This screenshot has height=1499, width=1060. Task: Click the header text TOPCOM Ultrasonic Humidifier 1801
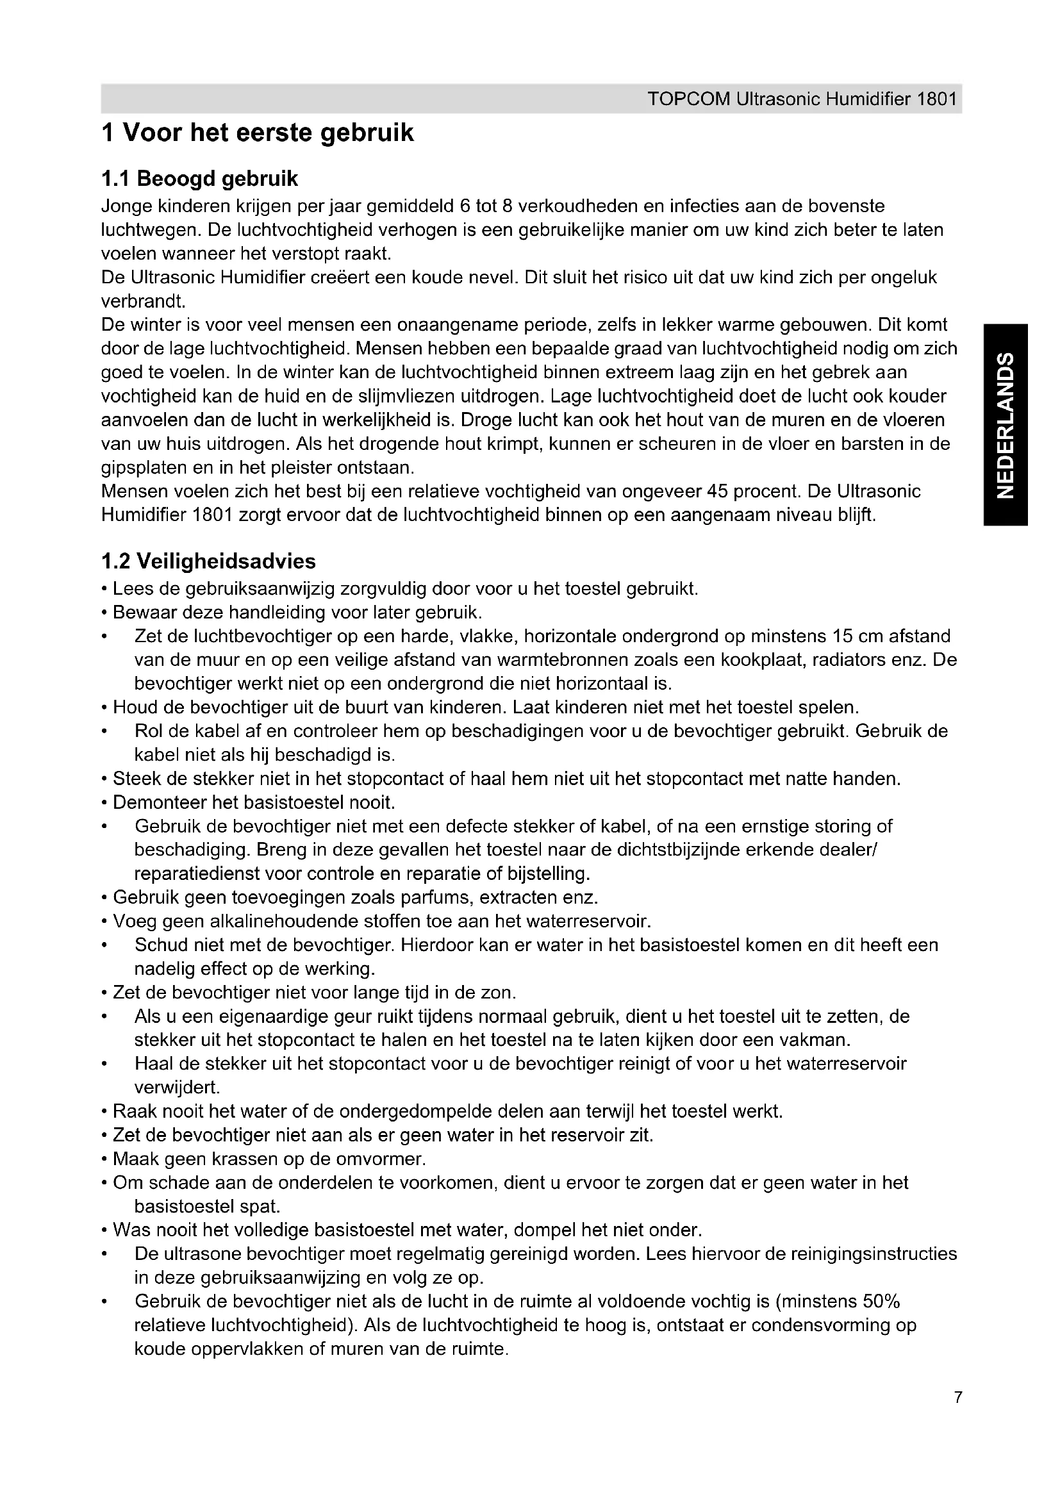tap(802, 99)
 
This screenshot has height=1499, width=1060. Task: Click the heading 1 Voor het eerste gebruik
tap(257, 133)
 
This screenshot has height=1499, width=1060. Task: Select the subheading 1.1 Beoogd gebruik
tap(200, 178)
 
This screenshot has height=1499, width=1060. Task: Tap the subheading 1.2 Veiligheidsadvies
tap(209, 561)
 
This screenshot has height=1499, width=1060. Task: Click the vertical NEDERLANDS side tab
tap(1006, 424)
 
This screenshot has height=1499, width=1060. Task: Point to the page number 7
tap(957, 1416)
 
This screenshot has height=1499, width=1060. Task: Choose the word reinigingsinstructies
tap(873, 1254)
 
